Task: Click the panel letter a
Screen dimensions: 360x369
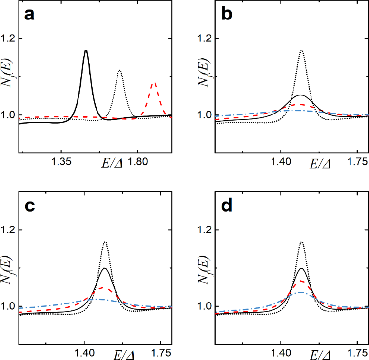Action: tap(29, 16)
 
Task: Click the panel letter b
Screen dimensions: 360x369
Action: tap(226, 16)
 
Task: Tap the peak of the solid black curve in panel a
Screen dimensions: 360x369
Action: tap(86, 51)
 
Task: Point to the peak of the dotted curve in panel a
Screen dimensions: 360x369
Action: tap(119, 71)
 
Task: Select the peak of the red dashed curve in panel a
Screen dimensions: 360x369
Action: tap(154, 83)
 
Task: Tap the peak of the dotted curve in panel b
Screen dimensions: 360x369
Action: tap(302, 50)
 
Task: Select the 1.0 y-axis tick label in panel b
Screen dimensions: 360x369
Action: tap(206, 115)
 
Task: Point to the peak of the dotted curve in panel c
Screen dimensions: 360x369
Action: tap(104, 242)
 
